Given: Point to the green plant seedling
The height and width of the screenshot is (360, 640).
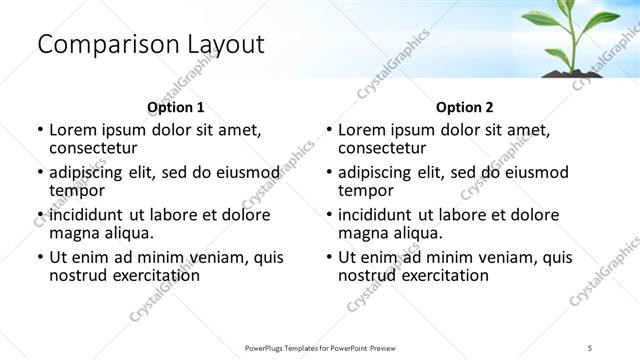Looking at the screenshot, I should (x=571, y=35).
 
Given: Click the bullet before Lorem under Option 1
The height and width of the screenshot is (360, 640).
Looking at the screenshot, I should (x=40, y=130).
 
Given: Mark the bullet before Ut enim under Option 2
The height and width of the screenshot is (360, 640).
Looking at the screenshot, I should (x=329, y=257).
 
